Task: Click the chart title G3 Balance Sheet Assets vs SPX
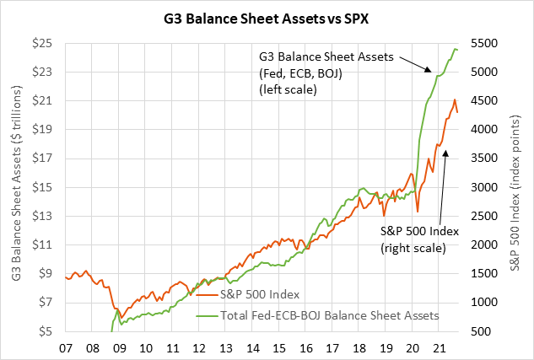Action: point(266,17)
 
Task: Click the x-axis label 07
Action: point(68,347)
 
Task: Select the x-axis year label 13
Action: point(226,347)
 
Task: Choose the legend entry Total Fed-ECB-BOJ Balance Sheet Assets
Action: point(329,315)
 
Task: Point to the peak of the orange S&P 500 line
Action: point(455,99)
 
